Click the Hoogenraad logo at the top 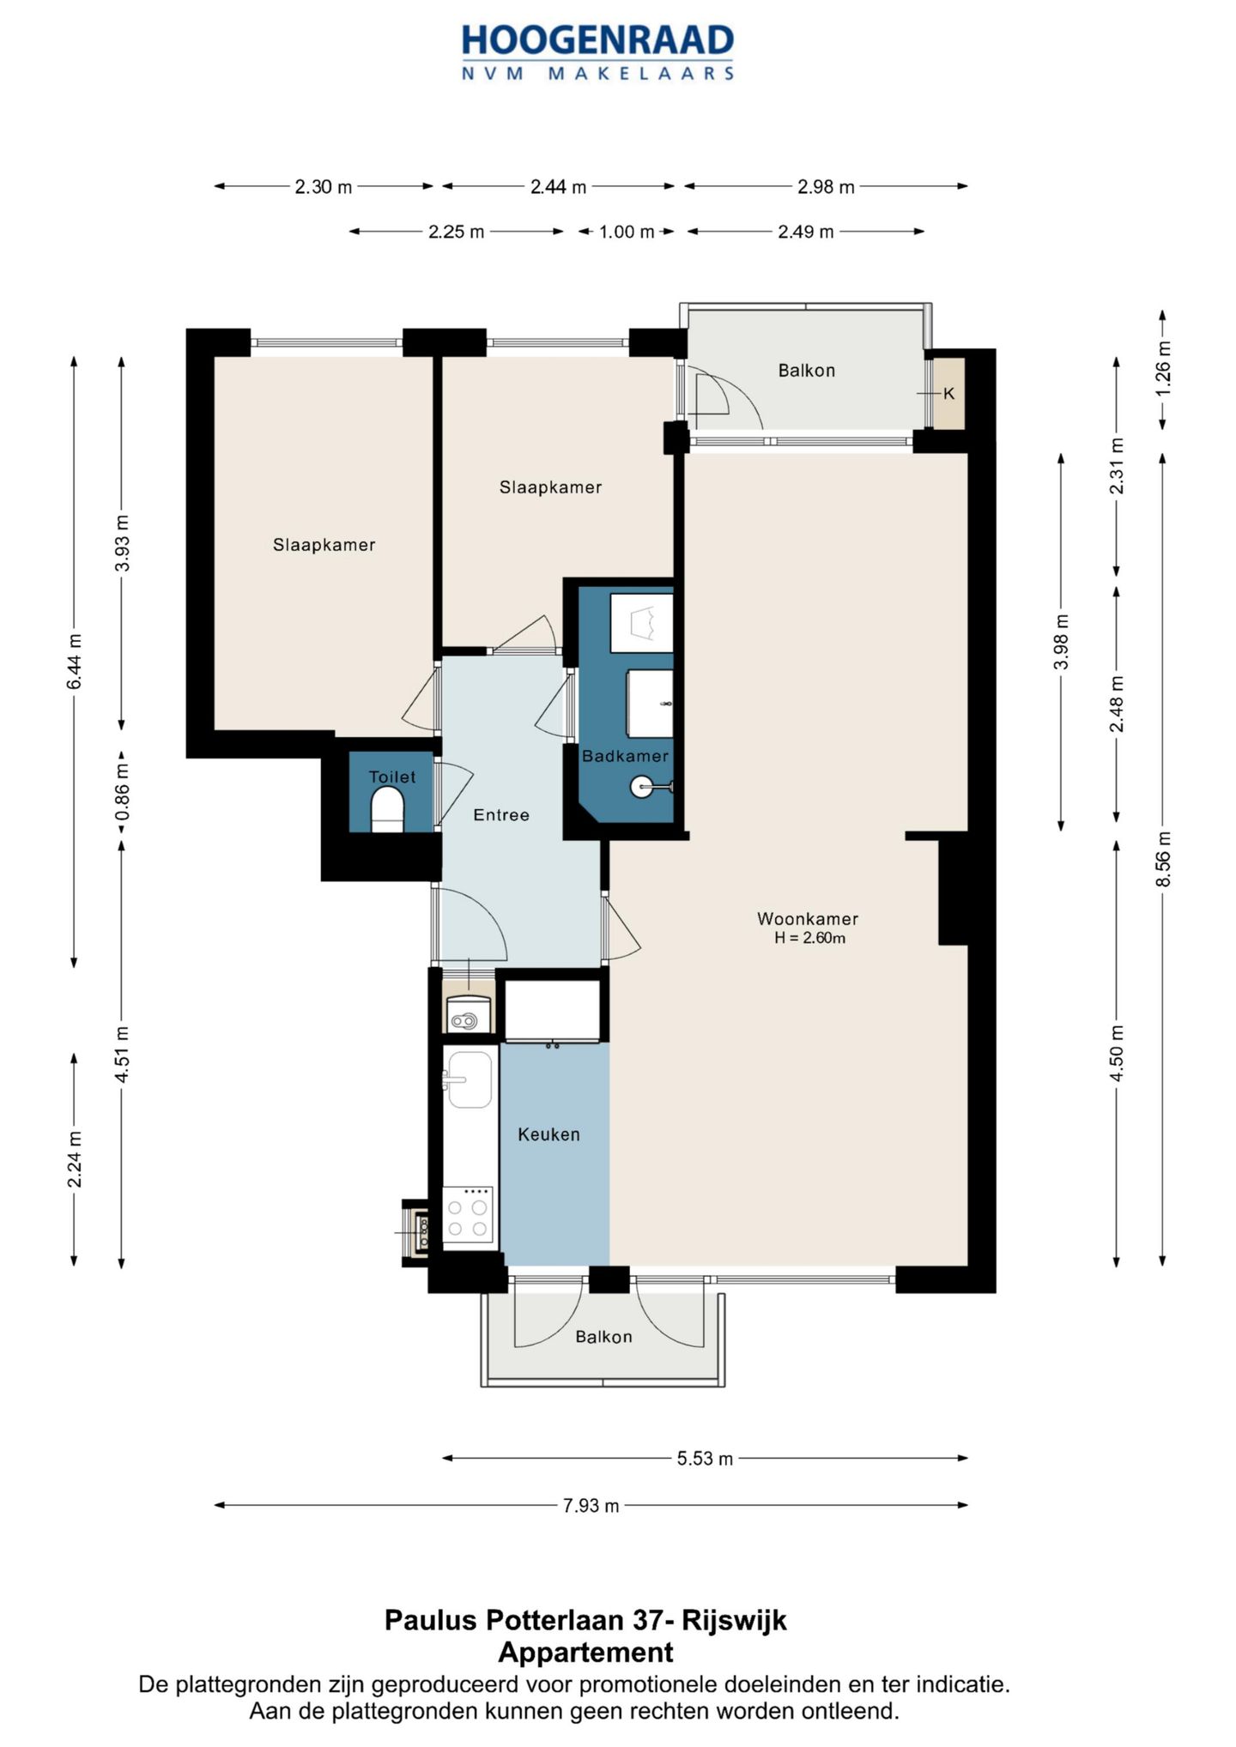(x=597, y=52)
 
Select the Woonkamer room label (x=808, y=919)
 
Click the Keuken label (x=548, y=1134)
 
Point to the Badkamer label (x=625, y=756)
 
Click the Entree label (x=501, y=815)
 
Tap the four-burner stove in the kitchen (x=468, y=1214)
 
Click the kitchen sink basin (x=470, y=1079)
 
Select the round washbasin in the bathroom (x=642, y=786)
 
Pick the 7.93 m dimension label (x=591, y=1506)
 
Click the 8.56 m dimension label (x=1163, y=860)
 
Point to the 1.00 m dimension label (x=627, y=232)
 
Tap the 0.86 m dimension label (x=122, y=790)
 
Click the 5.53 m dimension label (x=705, y=1459)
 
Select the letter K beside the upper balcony (x=948, y=394)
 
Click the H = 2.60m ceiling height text (x=809, y=938)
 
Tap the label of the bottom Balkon (x=603, y=1337)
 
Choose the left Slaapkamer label (x=324, y=545)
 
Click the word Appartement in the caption (x=586, y=1652)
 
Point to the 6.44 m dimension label (x=75, y=662)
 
